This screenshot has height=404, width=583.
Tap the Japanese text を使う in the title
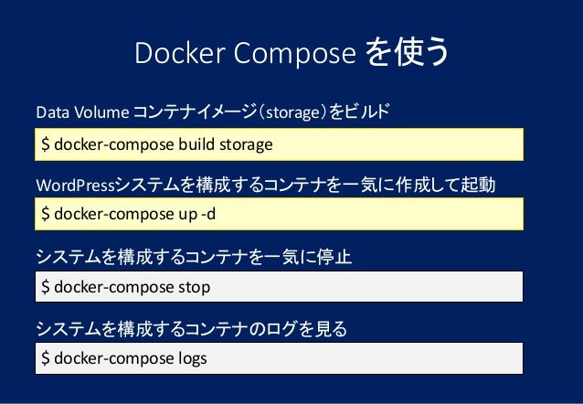tap(406, 54)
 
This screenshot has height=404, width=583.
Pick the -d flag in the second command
tap(209, 215)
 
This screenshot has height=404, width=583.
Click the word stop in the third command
tap(194, 287)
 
